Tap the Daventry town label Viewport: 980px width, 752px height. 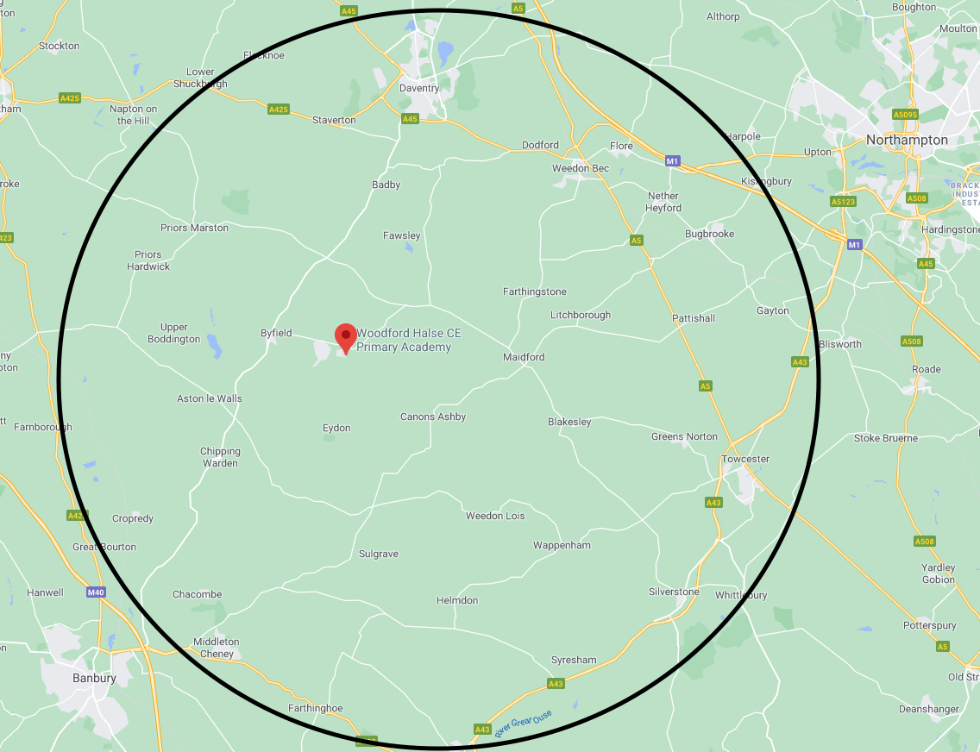pos(419,89)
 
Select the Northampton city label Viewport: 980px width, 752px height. pos(907,140)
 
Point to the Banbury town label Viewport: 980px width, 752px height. pos(94,679)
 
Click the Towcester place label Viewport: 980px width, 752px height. pos(744,460)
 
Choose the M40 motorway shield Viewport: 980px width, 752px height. pos(96,592)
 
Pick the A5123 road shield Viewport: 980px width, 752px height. pos(842,201)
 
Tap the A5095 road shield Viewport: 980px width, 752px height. pos(905,114)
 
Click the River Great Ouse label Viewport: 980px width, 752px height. pos(523,723)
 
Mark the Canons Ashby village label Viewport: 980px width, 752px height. pos(433,417)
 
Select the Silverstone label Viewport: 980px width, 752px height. pos(674,592)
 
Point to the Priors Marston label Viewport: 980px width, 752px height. pos(194,229)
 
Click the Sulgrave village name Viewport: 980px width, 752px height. pos(379,555)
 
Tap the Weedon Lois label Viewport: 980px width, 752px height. pos(495,517)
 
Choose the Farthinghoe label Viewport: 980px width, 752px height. pos(315,709)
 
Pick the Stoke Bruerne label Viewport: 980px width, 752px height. pos(886,439)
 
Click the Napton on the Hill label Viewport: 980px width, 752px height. pos(133,115)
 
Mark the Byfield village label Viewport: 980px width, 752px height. pos(276,333)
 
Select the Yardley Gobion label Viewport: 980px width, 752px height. pos(938,573)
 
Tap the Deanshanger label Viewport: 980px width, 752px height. pos(928,710)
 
